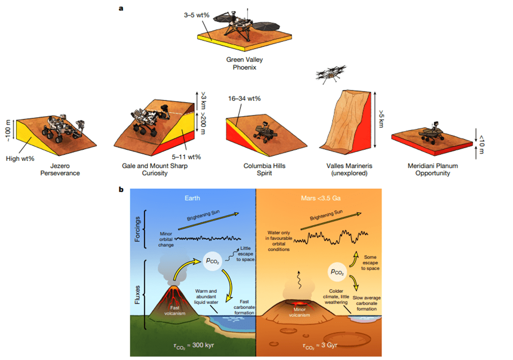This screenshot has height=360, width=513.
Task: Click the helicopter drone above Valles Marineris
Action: (x=329, y=74)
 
